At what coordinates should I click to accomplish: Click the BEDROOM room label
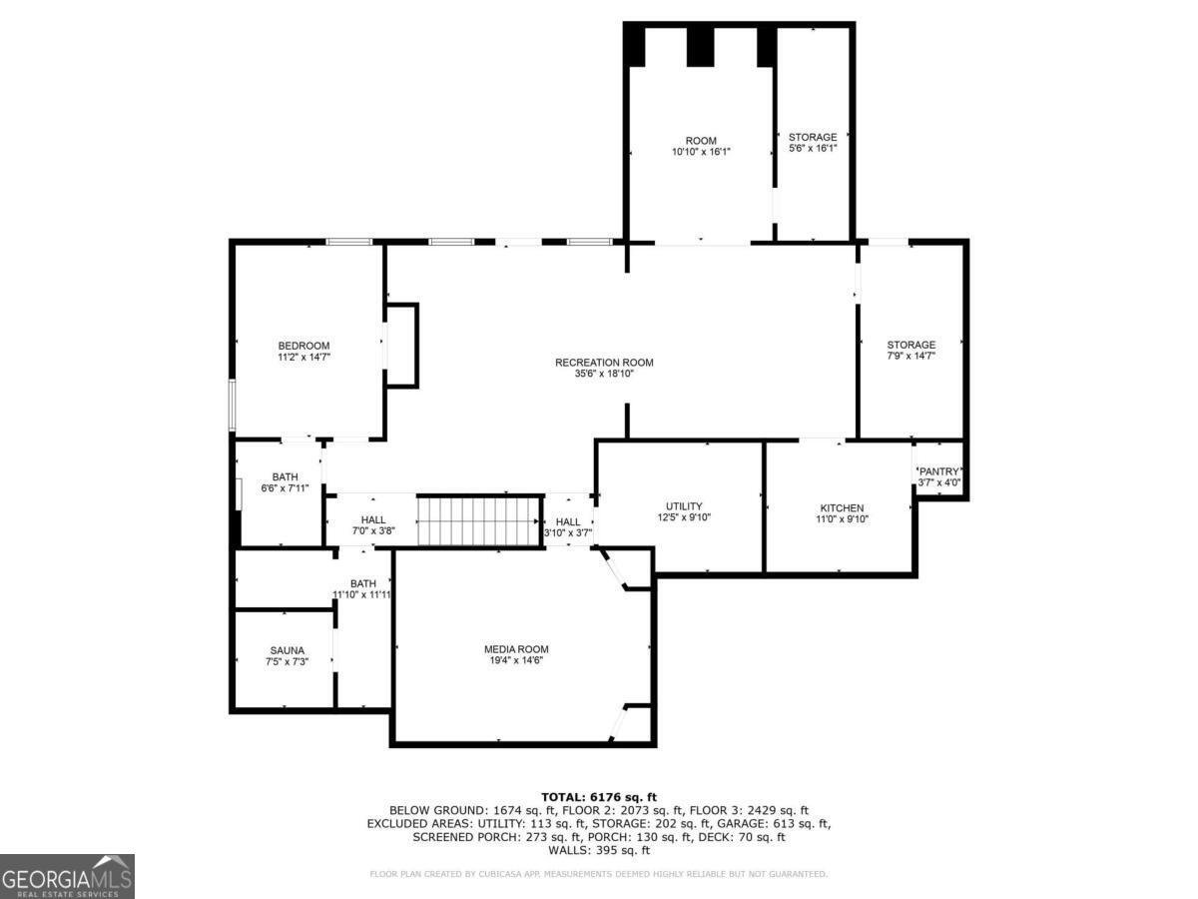(303, 346)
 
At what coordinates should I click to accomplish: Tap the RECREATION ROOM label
(604, 363)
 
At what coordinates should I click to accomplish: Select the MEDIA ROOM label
(516, 649)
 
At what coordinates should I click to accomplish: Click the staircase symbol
(478, 519)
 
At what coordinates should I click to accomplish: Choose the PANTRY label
(938, 471)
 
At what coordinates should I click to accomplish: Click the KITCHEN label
(841, 507)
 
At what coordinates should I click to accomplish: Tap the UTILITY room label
(684, 505)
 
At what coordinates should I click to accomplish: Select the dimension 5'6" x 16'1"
(813, 149)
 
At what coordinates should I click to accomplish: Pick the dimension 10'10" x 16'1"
(701, 152)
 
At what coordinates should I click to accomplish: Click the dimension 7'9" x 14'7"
(910, 356)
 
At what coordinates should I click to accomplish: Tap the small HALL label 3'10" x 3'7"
(567, 521)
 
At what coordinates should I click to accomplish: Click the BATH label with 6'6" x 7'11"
(285, 476)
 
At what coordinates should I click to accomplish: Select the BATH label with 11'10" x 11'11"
(362, 583)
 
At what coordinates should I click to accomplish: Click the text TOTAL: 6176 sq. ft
(598, 796)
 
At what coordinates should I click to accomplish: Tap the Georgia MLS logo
(67, 876)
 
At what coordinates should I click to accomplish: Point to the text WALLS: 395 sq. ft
(598, 850)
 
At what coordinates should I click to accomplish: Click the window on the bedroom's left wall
(232, 405)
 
